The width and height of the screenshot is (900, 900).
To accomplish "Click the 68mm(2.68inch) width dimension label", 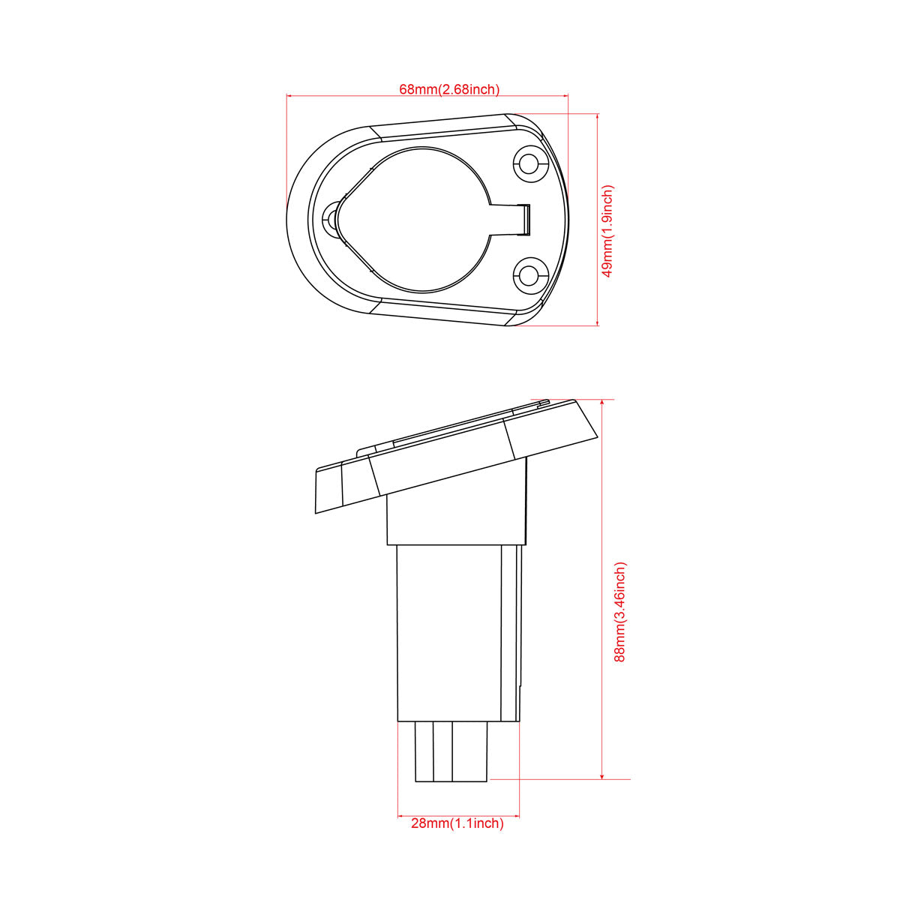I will [448, 89].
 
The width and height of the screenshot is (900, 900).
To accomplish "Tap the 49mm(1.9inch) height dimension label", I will [608, 231].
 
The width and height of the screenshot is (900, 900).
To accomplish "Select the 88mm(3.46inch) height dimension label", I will [619, 611].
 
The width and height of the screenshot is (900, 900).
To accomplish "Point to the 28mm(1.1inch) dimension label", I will [457, 823].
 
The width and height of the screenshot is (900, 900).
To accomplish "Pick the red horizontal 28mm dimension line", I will [457, 814].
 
